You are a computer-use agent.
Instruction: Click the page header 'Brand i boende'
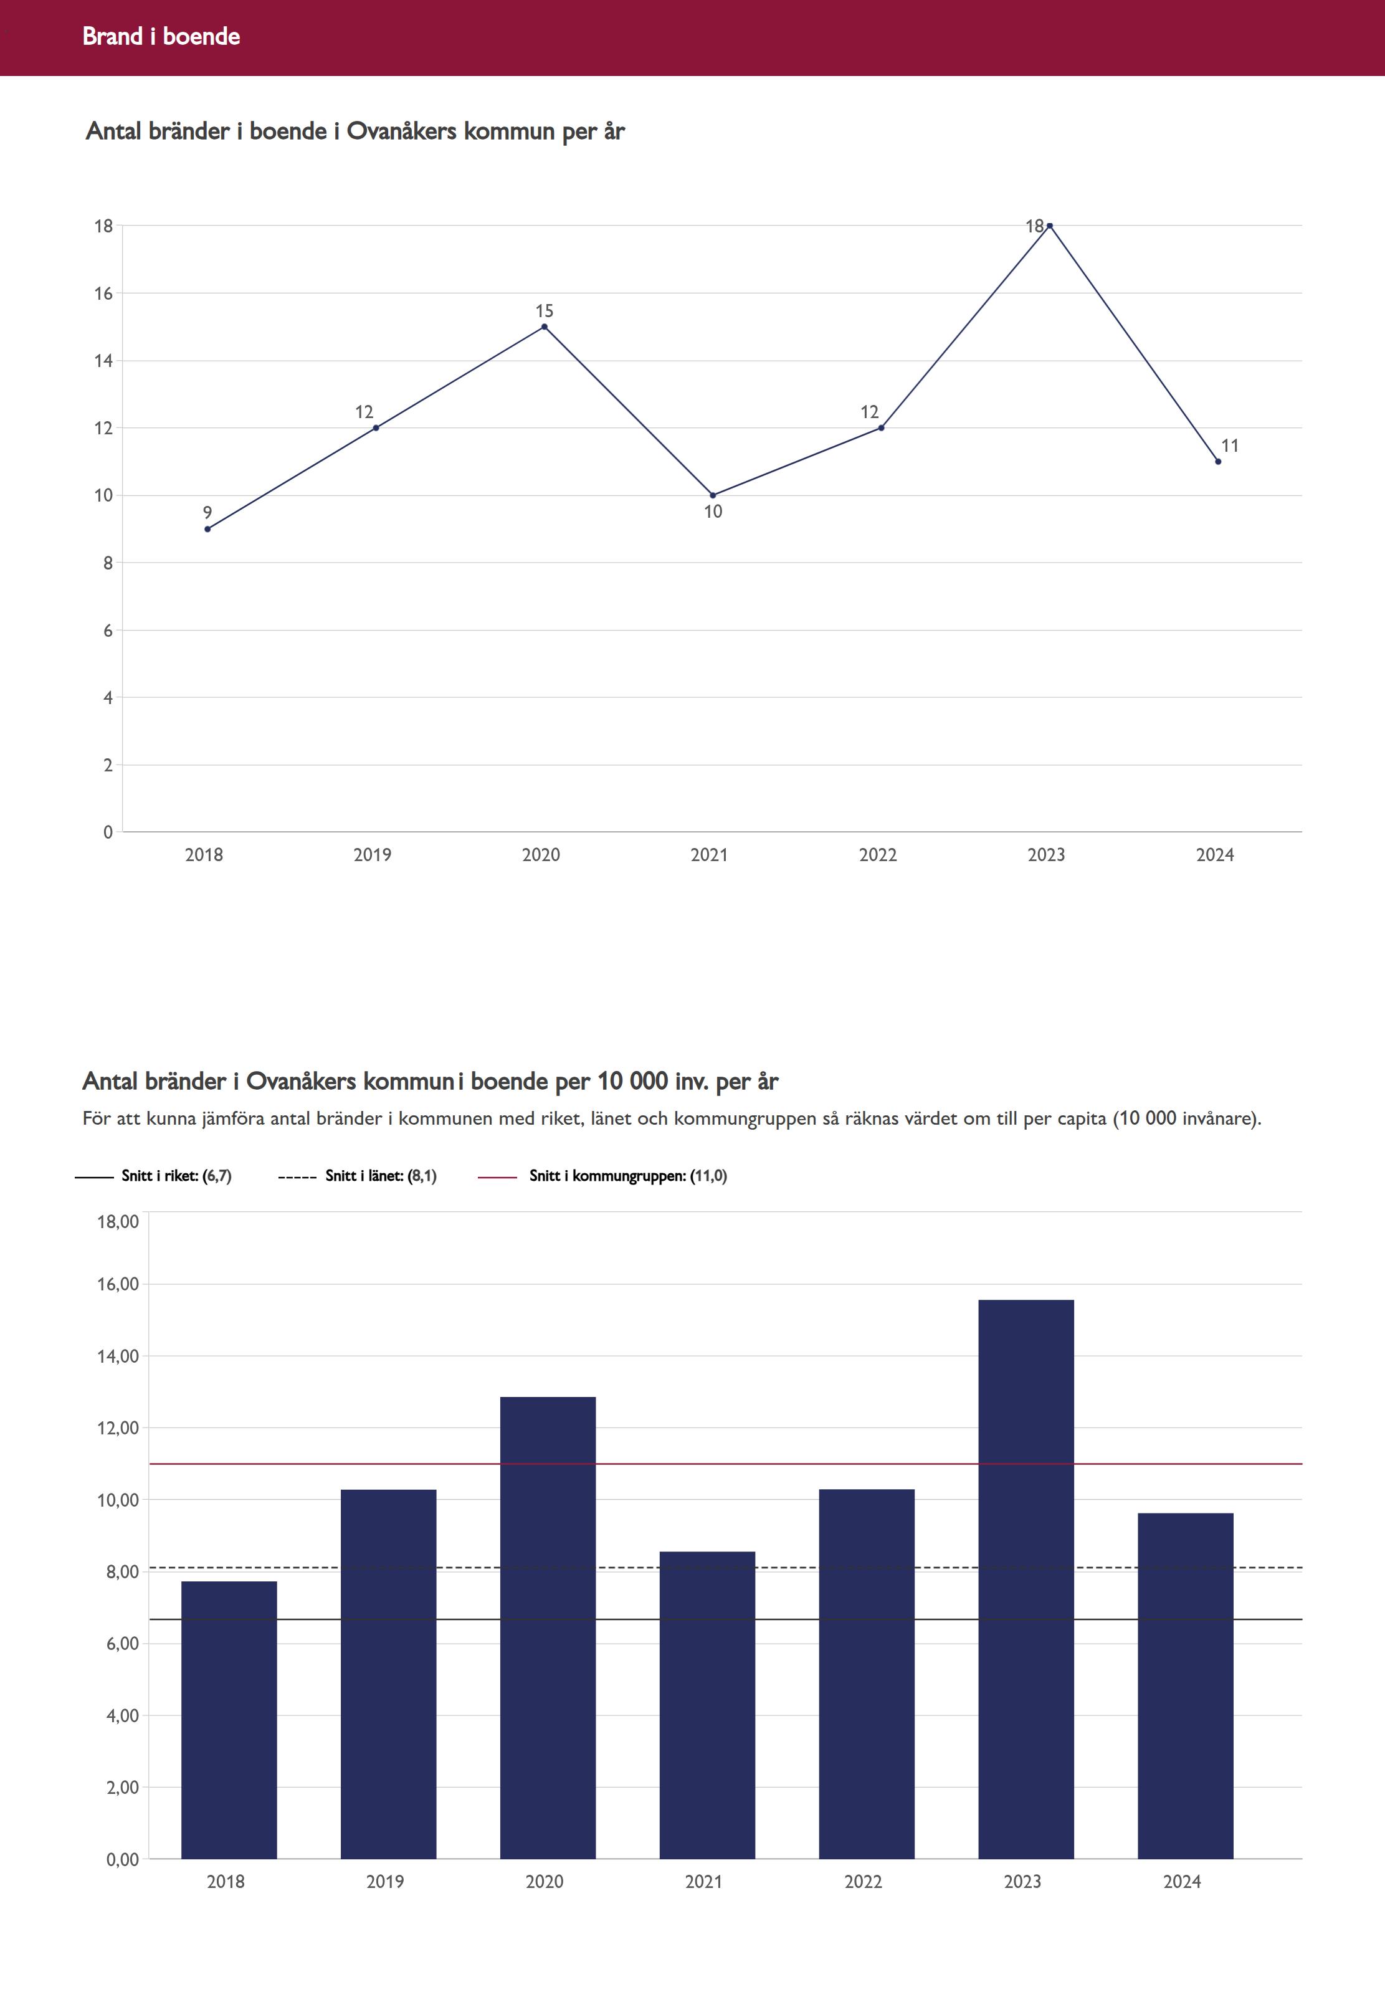pyautogui.click(x=161, y=36)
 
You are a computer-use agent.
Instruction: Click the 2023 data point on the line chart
pyautogui.click(x=1049, y=226)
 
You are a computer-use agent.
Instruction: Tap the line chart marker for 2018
pyautogui.click(x=207, y=528)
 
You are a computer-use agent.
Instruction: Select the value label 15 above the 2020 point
pyautogui.click(x=544, y=311)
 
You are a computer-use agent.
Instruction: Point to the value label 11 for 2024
pyautogui.click(x=1230, y=446)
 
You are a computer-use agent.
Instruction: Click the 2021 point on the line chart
pyautogui.click(x=713, y=495)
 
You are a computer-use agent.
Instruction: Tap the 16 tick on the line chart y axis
pyautogui.click(x=104, y=293)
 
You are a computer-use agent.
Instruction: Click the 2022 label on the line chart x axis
pyautogui.click(x=877, y=855)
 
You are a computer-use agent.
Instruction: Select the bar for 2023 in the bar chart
pyautogui.click(x=1026, y=1580)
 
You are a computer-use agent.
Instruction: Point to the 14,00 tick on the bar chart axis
pyautogui.click(x=118, y=1356)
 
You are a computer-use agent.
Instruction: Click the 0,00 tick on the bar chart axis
pyautogui.click(x=122, y=1860)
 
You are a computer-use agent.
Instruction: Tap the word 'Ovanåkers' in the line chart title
pyautogui.click(x=402, y=131)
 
